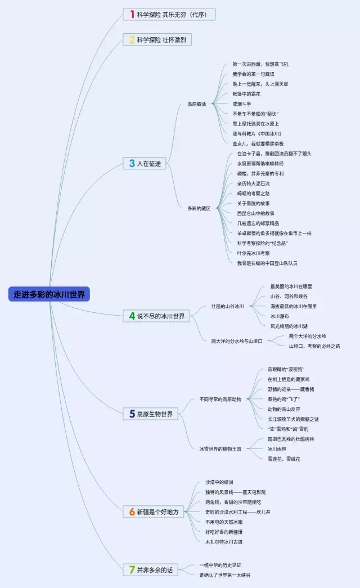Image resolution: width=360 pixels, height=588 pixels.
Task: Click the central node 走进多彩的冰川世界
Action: pos(49,294)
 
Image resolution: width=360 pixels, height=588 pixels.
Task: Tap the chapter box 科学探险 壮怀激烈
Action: pos(158,40)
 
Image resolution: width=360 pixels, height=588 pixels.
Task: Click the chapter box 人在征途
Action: pos(145,164)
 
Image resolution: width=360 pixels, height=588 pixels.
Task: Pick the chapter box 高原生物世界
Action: pos(150,414)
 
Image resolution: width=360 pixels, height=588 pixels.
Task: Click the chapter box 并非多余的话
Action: pos(150,570)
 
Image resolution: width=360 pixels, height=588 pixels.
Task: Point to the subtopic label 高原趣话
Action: pos(197,104)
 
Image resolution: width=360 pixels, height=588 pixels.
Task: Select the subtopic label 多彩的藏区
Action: pos(199,208)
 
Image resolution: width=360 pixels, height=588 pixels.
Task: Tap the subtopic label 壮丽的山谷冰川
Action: pos(228,307)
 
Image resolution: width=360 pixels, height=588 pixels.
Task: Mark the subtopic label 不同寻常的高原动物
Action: pos(220,400)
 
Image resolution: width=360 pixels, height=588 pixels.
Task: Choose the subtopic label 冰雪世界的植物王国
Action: pos(220,449)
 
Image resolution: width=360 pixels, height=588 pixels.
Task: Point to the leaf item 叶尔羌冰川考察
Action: pos(253,253)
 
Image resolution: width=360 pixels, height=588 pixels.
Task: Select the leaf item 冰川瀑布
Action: pos(280,316)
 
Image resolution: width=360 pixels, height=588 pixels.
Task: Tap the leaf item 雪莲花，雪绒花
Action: pos(284,459)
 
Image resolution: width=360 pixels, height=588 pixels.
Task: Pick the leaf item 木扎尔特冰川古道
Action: pos(224,542)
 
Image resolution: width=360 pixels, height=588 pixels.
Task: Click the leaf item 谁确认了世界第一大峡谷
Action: pos(225,575)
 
